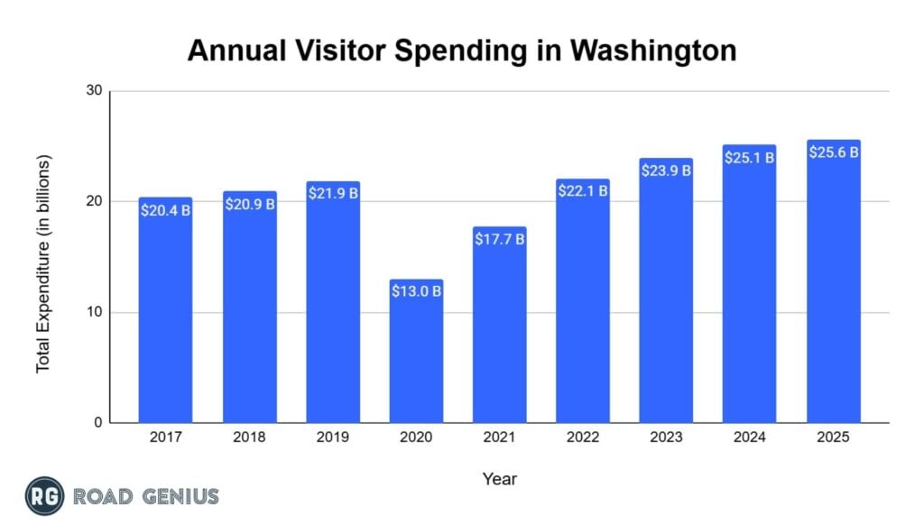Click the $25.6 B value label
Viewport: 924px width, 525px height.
tap(833, 152)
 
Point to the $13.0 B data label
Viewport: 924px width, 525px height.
tap(416, 291)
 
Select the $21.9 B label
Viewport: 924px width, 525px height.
tap(333, 193)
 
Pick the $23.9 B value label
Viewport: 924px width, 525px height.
tap(666, 170)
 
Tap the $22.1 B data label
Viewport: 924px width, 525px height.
tap(583, 190)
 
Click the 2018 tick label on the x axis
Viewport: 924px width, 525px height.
tap(249, 437)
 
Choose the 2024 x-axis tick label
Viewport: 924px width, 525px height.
tap(749, 437)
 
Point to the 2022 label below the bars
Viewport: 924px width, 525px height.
tap(583, 437)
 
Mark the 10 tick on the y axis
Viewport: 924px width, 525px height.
tap(95, 312)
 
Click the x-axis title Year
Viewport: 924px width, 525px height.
tap(499, 478)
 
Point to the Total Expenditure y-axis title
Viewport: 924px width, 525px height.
tap(43, 263)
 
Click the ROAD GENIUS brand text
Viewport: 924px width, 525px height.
tap(146, 495)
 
